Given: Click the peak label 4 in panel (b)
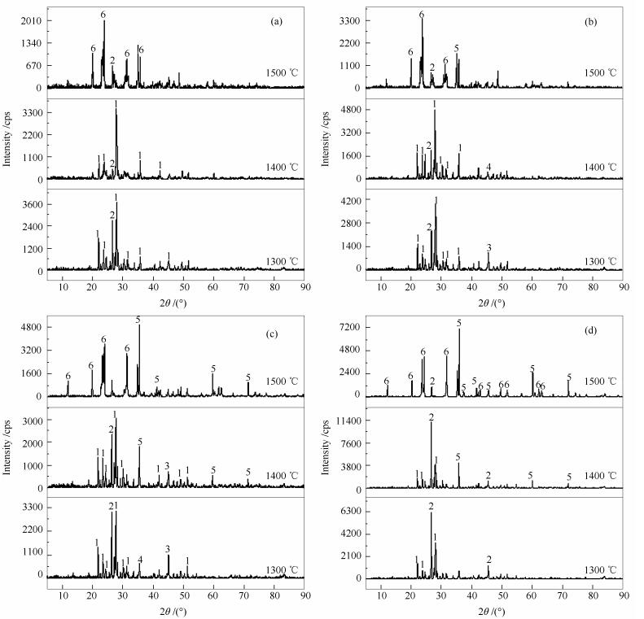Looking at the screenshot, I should tap(488, 168).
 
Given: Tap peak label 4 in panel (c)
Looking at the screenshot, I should tap(140, 560).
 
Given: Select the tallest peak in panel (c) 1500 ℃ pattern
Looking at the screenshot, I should tap(139, 327).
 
